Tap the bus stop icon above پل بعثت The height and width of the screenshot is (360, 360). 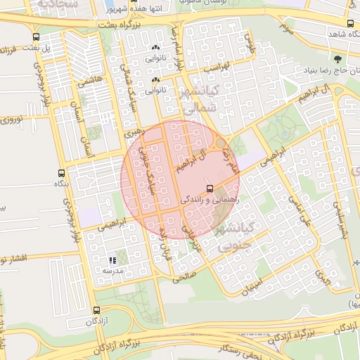36,37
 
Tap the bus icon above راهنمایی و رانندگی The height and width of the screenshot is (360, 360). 210,188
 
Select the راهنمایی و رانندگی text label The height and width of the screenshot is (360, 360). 211,200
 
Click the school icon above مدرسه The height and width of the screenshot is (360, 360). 112,260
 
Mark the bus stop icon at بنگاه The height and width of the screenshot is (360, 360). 62,172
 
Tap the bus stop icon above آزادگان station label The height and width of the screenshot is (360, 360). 96,310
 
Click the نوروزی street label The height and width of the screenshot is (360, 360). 10,122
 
